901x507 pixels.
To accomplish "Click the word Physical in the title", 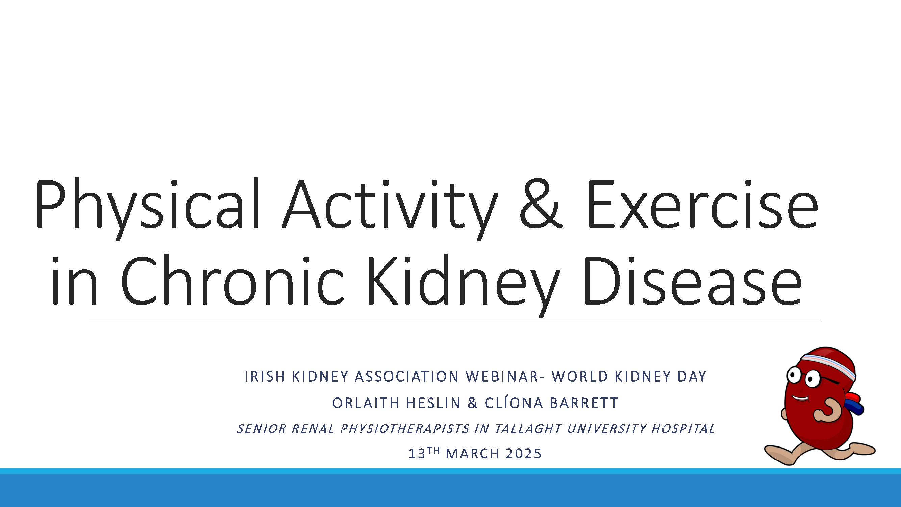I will tap(147, 205).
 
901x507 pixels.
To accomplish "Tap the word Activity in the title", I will tap(390, 205).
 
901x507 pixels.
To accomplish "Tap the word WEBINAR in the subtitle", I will tap(502, 377).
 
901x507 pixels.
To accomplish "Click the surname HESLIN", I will tap(433, 403).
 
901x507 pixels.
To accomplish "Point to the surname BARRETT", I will tap(584, 403).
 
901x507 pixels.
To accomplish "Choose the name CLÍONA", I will tap(514, 403).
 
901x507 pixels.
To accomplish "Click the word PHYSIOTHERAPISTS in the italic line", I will tap(405, 429).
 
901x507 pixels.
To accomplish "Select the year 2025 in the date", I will tap(524, 454).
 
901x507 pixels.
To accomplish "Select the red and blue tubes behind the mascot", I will tap(855, 404).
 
